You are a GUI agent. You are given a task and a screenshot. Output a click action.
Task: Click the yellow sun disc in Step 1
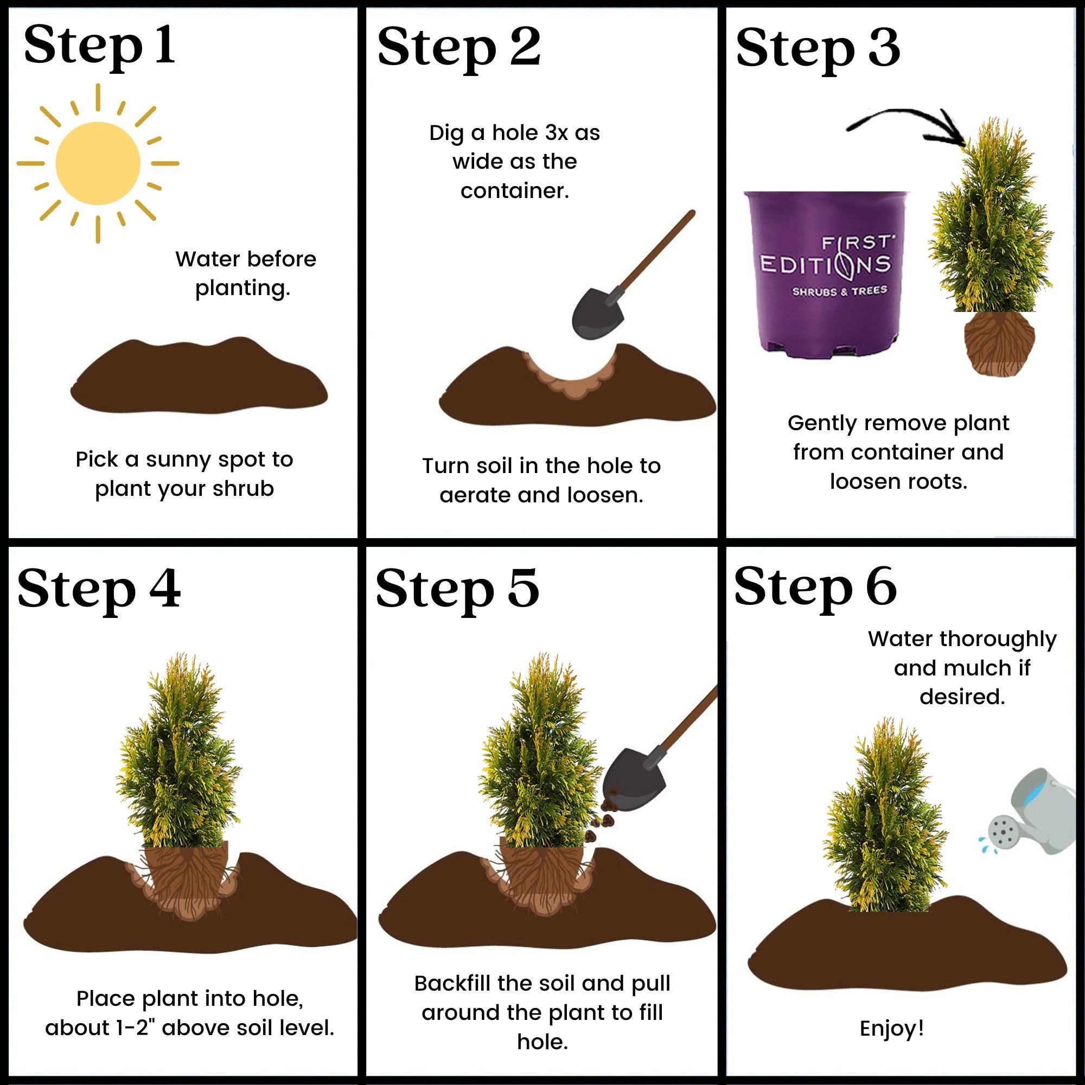point(98,163)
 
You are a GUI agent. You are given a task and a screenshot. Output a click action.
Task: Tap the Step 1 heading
point(100,46)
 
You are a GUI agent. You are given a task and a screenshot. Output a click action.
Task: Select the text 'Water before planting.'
point(245,273)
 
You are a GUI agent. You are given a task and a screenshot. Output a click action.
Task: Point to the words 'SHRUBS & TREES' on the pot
point(840,291)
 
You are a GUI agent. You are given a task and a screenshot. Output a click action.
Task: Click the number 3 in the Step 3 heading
point(883,48)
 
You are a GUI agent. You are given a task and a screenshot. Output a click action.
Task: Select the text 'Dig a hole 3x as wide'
point(514,147)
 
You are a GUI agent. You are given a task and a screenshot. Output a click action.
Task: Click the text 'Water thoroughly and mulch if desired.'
point(961,668)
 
